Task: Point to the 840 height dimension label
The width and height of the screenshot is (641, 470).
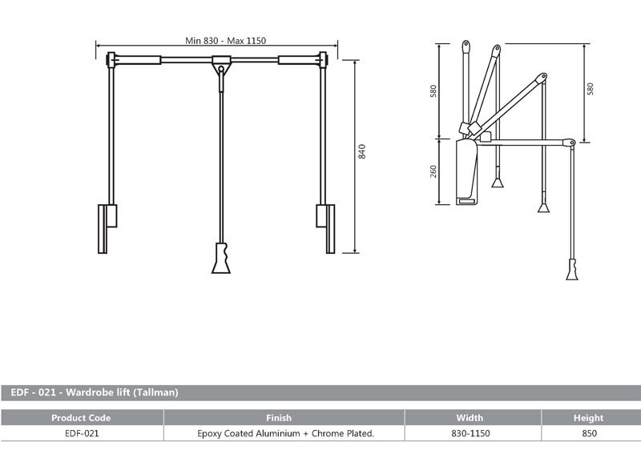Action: pyautogui.click(x=362, y=153)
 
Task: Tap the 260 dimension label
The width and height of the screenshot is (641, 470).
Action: pyautogui.click(x=433, y=171)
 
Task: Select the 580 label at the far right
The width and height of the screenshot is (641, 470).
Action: pyautogui.click(x=591, y=89)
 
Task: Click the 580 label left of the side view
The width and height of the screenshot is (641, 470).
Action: pyautogui.click(x=433, y=89)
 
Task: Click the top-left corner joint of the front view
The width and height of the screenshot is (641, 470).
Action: pyautogui.click(x=111, y=58)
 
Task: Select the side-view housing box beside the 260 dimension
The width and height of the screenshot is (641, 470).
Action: pyautogui.click(x=466, y=172)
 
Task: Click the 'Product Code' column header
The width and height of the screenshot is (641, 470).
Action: pyautogui.click(x=81, y=417)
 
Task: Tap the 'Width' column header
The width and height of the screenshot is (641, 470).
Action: pyautogui.click(x=470, y=417)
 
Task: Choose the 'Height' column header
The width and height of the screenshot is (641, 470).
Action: pyautogui.click(x=588, y=417)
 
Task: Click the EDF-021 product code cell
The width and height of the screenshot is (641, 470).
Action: pyautogui.click(x=81, y=433)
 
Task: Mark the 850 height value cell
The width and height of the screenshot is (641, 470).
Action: pyautogui.click(x=588, y=433)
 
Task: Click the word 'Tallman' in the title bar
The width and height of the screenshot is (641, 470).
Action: pyautogui.click(x=155, y=392)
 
